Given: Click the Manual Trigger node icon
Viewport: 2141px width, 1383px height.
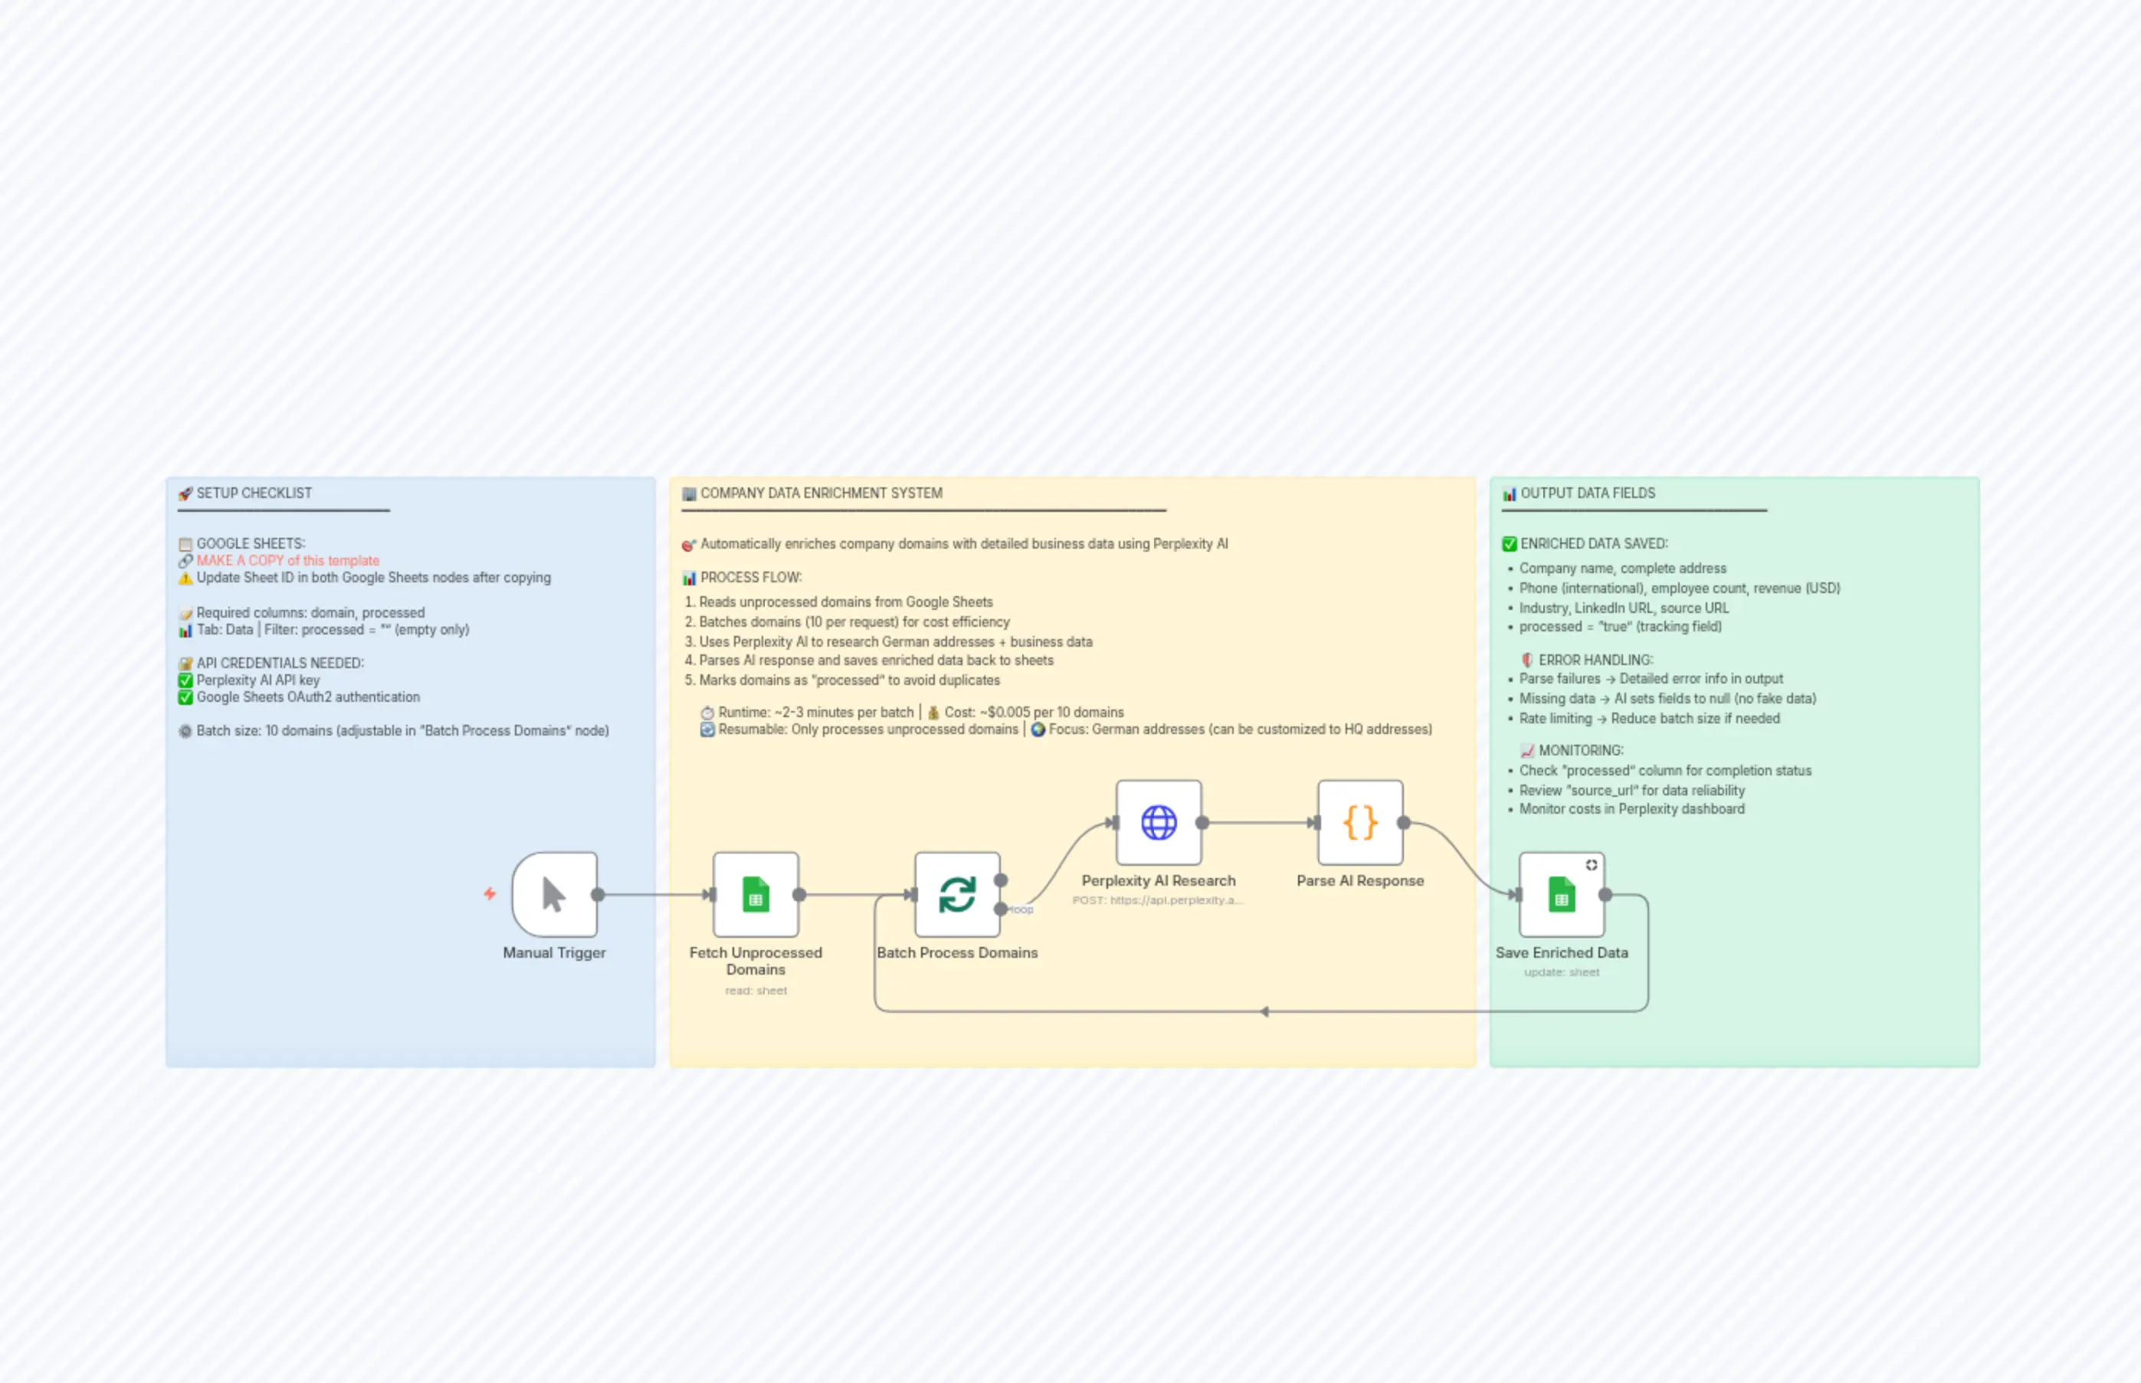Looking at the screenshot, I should [554, 894].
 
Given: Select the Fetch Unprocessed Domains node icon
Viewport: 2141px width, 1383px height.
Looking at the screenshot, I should [756, 894].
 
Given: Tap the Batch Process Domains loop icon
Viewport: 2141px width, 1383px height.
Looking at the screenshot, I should [956, 894].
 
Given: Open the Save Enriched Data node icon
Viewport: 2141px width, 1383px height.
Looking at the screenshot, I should [1561, 894].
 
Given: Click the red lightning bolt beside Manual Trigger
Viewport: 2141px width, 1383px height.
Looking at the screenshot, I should [490, 893].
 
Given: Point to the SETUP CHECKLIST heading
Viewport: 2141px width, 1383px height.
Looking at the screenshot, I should [254, 493].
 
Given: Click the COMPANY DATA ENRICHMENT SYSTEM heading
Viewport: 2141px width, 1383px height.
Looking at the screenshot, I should [821, 493].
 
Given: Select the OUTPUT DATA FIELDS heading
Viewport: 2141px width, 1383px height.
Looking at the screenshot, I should [1587, 493].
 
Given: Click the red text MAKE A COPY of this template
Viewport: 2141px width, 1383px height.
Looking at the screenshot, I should [287, 560].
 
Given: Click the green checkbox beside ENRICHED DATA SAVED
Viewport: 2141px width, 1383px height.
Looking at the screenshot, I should [1510, 544].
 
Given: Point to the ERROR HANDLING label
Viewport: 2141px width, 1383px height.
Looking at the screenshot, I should [1595, 660].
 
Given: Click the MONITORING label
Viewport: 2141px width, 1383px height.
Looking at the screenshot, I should [1581, 751].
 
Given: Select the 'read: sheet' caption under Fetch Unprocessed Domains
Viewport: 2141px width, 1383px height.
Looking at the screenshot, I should [756, 991].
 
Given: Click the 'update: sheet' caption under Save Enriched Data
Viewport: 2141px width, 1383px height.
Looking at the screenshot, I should [1561, 972].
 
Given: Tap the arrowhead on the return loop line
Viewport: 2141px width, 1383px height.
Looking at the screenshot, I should [1264, 1012].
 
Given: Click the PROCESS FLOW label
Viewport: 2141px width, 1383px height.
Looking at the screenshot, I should [751, 578].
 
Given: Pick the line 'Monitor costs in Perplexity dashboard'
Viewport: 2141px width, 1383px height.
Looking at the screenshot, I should [1631, 809].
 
